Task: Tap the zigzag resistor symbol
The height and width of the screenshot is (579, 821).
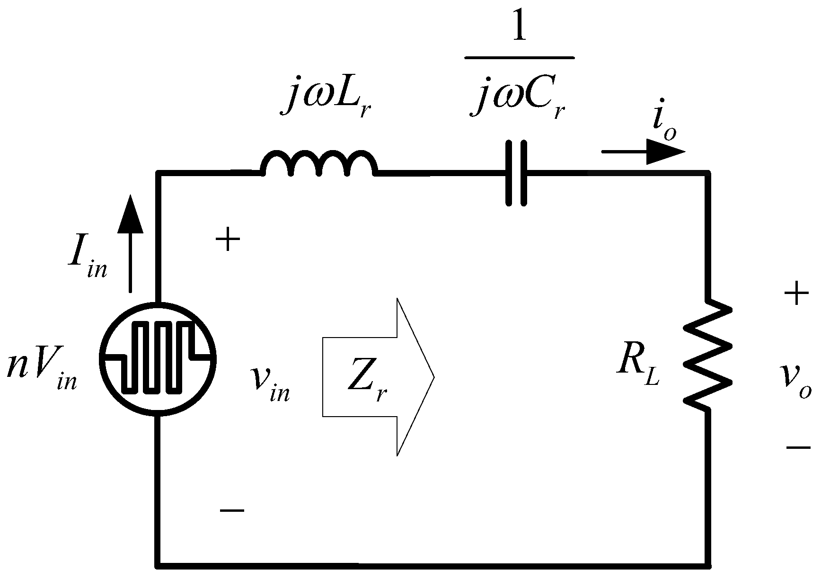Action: (708, 356)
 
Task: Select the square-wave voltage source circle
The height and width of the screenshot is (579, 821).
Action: (158, 359)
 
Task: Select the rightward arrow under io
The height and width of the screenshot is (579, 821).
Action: (644, 152)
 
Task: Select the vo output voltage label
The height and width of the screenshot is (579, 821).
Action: (797, 384)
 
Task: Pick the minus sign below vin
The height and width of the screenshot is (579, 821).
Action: (232, 510)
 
